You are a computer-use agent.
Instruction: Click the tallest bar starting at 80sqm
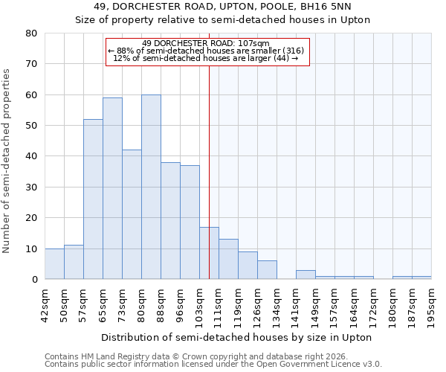pos(151,187)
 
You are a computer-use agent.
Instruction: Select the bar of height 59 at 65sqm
pos(112,188)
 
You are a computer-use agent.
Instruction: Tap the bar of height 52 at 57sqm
pos(93,199)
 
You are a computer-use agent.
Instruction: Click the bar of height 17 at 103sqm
pos(209,253)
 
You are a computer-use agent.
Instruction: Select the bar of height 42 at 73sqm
pos(132,214)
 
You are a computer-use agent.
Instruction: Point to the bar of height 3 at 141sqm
pos(306,275)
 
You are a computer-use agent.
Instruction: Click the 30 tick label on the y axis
pos(31,187)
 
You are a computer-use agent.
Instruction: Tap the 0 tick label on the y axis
pos(34,280)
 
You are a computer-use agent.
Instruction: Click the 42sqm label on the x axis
pos(45,303)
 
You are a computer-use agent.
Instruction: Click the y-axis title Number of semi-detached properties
pos(7,161)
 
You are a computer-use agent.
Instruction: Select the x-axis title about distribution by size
pos(237,337)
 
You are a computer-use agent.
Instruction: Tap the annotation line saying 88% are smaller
pos(206,51)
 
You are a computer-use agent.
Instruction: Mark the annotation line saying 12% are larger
pos(206,58)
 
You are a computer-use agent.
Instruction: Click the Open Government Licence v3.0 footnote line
pos(213,364)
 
